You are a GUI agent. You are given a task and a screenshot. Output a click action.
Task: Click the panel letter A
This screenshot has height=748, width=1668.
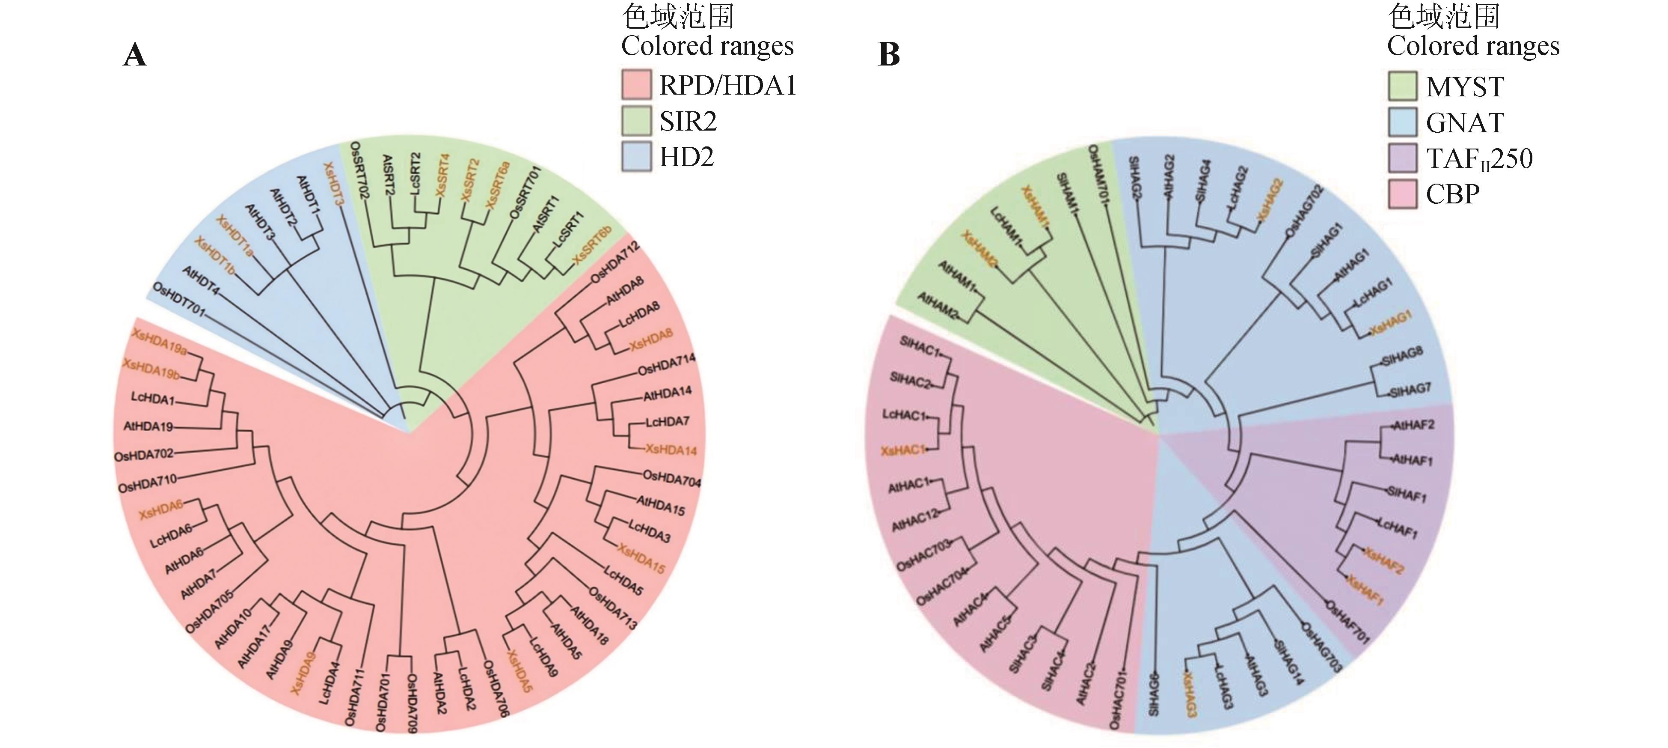(135, 55)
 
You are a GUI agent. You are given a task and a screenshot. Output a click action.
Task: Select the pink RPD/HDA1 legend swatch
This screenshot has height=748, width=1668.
(636, 85)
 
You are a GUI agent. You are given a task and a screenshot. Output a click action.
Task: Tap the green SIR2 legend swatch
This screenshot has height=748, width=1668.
(636, 121)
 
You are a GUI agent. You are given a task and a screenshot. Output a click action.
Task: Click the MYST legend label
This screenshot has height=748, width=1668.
(1465, 86)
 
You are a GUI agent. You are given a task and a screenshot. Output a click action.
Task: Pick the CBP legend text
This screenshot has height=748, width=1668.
(1453, 194)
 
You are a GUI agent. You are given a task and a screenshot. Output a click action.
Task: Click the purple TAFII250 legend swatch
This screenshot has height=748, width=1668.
(1403, 158)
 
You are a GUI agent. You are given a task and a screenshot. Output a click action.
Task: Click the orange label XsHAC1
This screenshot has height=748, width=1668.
(902, 450)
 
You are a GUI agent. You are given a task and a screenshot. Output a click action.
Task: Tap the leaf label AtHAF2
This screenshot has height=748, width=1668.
(1413, 426)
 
